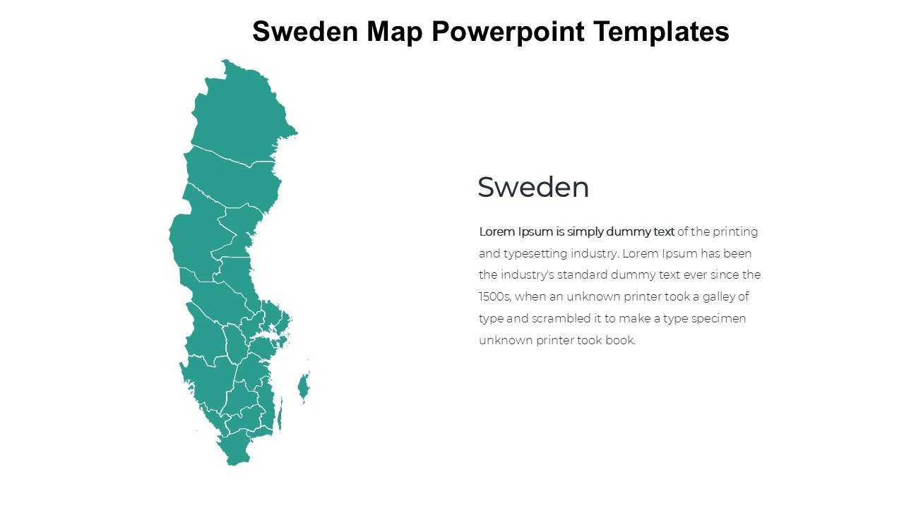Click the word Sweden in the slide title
click(x=304, y=32)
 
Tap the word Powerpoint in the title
click(x=509, y=32)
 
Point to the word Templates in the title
click(x=661, y=32)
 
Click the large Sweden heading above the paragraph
click(x=533, y=188)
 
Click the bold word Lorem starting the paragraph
click(x=496, y=231)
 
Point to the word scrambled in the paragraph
click(x=557, y=319)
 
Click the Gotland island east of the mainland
click(x=304, y=387)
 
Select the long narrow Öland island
click(x=280, y=415)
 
